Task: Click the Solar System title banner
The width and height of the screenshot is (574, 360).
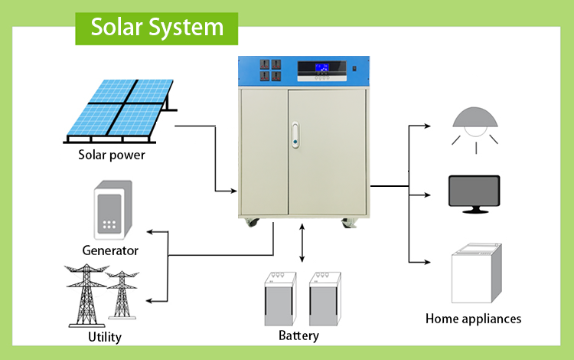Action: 157,28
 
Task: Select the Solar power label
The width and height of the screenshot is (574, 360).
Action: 112,155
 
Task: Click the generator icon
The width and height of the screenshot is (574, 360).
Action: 113,209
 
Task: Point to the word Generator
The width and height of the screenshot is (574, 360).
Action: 110,250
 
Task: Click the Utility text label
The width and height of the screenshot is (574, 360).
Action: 105,337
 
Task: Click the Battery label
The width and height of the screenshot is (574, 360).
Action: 298,336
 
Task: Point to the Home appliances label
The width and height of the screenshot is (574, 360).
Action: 473,319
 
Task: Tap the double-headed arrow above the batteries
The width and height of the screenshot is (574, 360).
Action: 304,244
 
